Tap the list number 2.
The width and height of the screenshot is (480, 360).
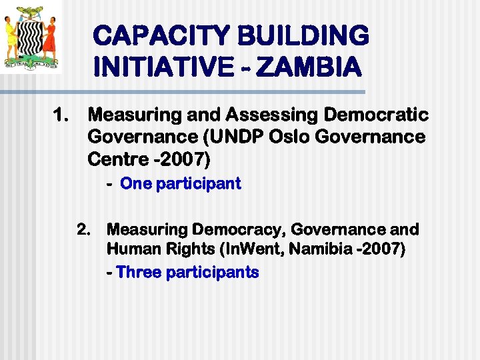click(83, 230)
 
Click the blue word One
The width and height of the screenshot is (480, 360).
click(136, 184)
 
